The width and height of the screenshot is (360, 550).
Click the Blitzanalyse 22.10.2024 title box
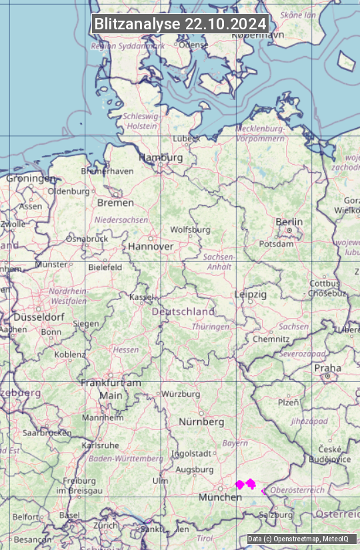[x=180, y=24]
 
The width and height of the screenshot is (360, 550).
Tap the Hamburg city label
[x=160, y=157]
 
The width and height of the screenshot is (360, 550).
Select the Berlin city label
[x=289, y=222]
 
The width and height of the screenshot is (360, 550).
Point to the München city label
[x=220, y=497]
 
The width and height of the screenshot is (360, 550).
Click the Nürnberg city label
[x=201, y=422]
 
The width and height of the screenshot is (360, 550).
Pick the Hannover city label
[x=151, y=246]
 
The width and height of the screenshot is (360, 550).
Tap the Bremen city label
[x=115, y=203]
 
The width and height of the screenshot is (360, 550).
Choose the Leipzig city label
[x=251, y=294]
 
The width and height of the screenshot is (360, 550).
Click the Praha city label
[x=327, y=367]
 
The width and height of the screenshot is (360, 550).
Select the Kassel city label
[x=141, y=297]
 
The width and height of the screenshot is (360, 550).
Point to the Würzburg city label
[x=181, y=394]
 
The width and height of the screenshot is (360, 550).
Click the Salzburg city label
[x=275, y=515]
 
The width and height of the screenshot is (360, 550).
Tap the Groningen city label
[x=31, y=179]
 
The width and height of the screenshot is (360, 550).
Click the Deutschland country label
[x=183, y=311]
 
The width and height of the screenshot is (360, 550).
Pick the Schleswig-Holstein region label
[x=141, y=121]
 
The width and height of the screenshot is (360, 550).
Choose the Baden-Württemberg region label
[x=126, y=459]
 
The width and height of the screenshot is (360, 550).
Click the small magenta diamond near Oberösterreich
[x=263, y=491]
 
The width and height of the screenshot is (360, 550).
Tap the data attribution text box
[x=297, y=539]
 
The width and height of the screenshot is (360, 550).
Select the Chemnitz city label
[x=271, y=339]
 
